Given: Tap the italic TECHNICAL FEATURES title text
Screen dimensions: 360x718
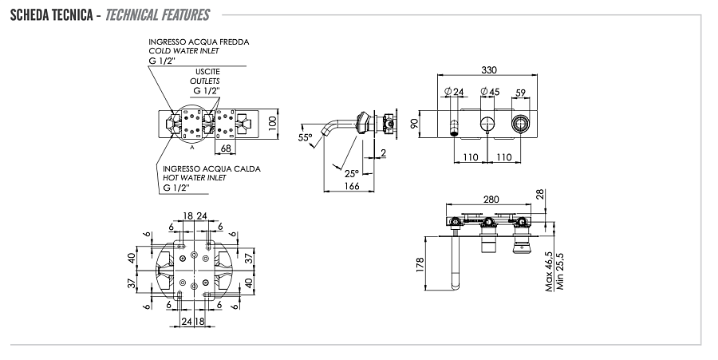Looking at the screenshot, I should pyautogui.click(x=157, y=15).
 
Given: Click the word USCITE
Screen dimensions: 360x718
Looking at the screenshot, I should pyautogui.click(x=207, y=72).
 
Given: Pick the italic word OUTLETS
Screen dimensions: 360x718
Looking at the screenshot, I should pyautogui.click(x=204, y=81).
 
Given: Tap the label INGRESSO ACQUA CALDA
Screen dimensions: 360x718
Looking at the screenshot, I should pyautogui.click(x=211, y=169).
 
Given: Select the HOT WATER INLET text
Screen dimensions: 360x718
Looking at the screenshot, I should pyautogui.click(x=195, y=178).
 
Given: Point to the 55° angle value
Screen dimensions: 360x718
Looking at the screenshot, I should pyautogui.click(x=305, y=138).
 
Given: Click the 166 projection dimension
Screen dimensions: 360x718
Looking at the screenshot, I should pyautogui.click(x=352, y=186).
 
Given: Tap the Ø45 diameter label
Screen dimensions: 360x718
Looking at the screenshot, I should pyautogui.click(x=490, y=93).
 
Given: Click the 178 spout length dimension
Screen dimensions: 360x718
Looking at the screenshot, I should pyautogui.click(x=420, y=265).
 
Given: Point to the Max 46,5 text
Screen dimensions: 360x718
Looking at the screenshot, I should pyautogui.click(x=549, y=271).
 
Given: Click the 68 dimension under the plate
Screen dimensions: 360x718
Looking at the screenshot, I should pyautogui.click(x=226, y=148).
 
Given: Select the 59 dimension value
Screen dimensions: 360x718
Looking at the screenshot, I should pyautogui.click(x=522, y=93).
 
